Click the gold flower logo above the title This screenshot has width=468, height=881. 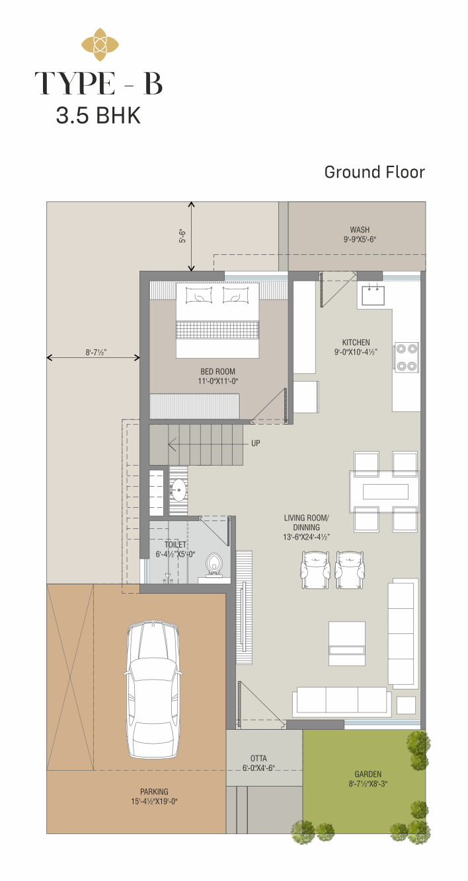point(100,44)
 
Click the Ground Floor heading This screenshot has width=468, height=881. point(374,172)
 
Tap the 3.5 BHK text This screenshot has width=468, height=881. point(98,116)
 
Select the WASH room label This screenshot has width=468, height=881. point(360,230)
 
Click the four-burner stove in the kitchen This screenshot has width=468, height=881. point(407,357)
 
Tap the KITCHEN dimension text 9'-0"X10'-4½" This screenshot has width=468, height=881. point(356,352)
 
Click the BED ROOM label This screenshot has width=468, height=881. point(217,371)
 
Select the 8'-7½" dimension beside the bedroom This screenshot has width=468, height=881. point(97,353)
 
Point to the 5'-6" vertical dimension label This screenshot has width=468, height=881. point(182,236)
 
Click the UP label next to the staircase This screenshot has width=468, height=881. point(256,443)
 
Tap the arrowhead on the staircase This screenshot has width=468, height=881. point(172,445)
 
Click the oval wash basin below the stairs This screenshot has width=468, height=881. point(178,490)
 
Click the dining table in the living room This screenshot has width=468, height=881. point(385,491)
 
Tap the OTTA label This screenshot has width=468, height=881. point(258,758)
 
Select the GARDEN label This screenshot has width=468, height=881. point(368,774)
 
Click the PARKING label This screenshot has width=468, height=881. point(154,792)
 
